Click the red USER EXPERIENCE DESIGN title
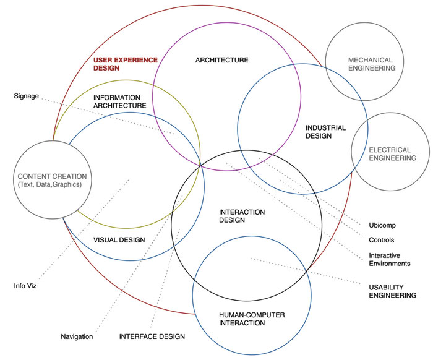click(126, 64)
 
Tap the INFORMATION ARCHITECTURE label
click(119, 101)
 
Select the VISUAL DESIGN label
click(119, 240)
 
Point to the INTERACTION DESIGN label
click(242, 216)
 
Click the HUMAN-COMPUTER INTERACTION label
click(252, 319)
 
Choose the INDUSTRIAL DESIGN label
click(325, 132)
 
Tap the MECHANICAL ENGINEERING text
click(372, 64)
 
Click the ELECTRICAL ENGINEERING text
click(392, 154)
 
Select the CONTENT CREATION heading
click(52, 176)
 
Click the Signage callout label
click(26, 96)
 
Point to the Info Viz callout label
click(25, 286)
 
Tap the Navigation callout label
click(77, 336)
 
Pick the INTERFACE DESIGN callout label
click(152, 336)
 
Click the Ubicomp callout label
click(382, 225)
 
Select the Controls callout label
click(382, 240)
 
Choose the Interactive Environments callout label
click(389, 260)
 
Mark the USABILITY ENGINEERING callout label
click(392, 291)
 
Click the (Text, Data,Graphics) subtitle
click(49, 184)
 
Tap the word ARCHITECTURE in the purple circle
click(221, 60)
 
